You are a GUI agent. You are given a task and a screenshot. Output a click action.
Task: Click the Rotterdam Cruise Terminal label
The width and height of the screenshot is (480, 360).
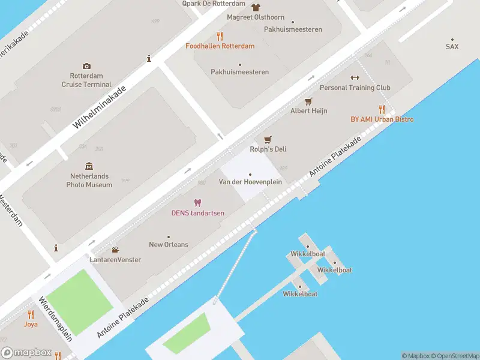86,80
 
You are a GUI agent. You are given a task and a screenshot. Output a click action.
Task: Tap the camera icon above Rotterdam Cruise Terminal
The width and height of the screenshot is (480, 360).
87,66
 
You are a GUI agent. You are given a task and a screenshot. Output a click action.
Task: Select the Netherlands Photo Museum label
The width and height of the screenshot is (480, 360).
89,181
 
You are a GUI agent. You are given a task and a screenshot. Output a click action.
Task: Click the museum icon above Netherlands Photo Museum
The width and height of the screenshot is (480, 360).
89,166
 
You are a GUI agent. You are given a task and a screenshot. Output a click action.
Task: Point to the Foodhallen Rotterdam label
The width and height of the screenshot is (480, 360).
220,46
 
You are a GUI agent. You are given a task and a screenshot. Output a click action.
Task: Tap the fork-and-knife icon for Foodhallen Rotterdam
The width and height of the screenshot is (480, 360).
220,35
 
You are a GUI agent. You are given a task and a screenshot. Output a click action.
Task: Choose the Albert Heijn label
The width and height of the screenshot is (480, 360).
308,111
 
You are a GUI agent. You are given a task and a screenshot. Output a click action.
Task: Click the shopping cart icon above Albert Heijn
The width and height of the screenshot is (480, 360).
309,101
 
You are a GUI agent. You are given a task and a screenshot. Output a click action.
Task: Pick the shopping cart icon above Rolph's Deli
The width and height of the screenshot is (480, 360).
268,139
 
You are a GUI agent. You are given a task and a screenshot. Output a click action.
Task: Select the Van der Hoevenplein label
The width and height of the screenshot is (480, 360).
250,182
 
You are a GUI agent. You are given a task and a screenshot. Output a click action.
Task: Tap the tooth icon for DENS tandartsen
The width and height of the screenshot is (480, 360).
197,203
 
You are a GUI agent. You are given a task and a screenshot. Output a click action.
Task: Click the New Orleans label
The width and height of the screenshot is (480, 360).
168,244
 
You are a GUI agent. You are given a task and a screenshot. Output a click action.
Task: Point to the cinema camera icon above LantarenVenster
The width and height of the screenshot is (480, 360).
115,250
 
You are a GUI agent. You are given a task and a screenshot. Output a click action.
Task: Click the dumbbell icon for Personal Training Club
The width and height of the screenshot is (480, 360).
355,77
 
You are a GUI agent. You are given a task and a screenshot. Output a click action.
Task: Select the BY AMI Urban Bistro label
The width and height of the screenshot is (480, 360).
382,119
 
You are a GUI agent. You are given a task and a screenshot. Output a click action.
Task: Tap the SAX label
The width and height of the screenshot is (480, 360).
452,46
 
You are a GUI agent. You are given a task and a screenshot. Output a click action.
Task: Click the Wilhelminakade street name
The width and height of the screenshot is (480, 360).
99,107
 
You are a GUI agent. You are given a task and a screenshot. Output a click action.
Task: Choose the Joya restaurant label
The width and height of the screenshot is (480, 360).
31,324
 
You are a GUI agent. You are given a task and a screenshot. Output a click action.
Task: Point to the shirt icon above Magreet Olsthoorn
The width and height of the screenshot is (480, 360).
256,8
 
